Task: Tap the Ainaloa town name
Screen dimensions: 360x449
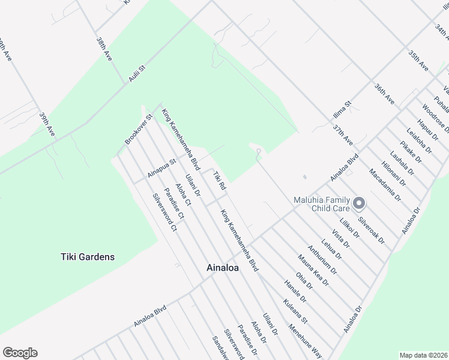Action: [x=222, y=268]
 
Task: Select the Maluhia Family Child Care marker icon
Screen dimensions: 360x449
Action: [x=358, y=204]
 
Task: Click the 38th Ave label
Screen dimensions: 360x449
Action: [x=104, y=49]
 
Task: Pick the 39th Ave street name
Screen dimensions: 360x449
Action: [x=47, y=124]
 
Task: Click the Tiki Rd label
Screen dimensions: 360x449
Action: [x=219, y=182]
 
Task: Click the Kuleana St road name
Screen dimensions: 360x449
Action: [x=296, y=312]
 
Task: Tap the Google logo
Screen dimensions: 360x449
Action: [x=20, y=353]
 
